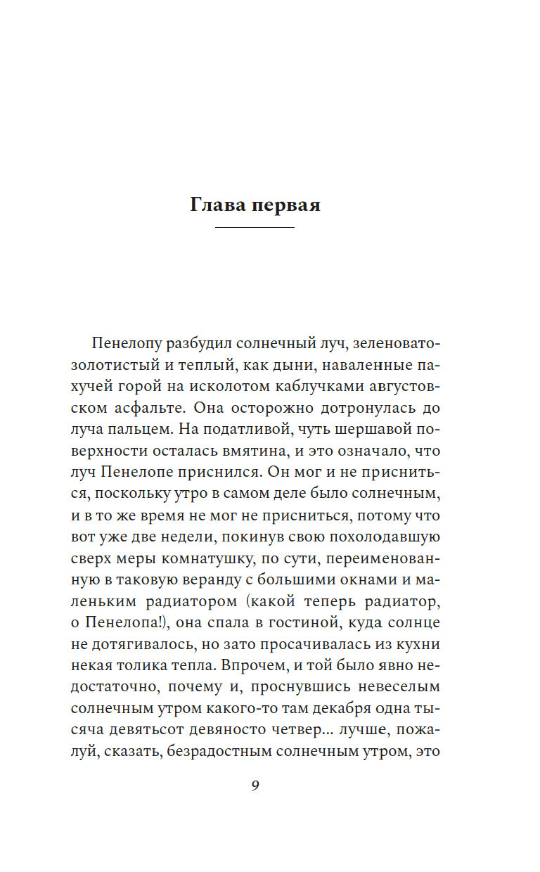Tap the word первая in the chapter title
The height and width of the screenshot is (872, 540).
(x=287, y=206)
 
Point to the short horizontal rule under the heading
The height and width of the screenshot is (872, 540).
(x=254, y=228)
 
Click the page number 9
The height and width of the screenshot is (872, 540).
(x=255, y=786)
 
